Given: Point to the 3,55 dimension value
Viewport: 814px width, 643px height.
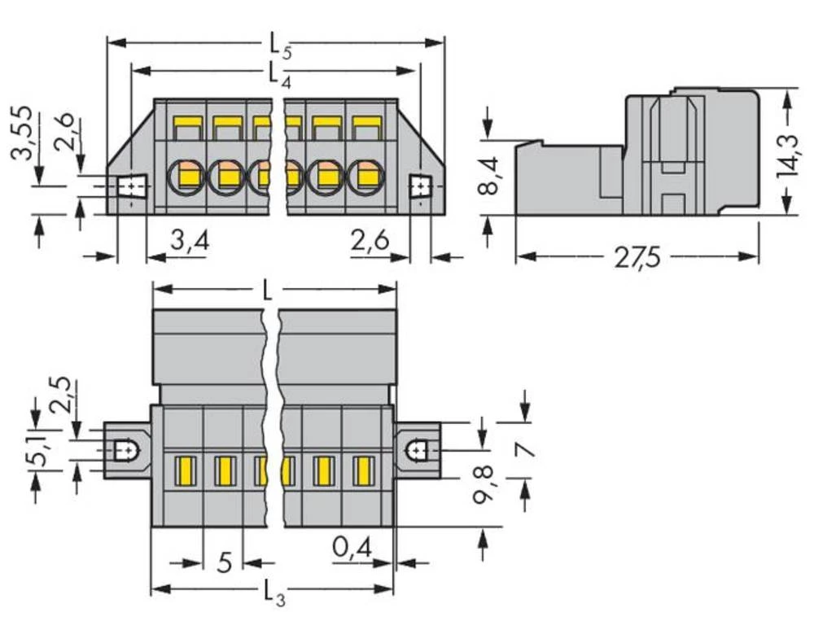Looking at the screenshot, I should pyautogui.click(x=24, y=133).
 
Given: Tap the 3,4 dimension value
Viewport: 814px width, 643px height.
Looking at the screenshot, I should pyautogui.click(x=190, y=242).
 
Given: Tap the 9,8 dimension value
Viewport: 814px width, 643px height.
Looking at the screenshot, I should pyautogui.click(x=485, y=485).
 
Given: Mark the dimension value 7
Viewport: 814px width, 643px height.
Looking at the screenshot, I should pyautogui.click(x=526, y=450).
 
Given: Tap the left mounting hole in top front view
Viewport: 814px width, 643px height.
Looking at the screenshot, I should pyautogui.click(x=130, y=187).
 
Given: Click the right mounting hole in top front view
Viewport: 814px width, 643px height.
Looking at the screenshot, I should pyautogui.click(x=419, y=187).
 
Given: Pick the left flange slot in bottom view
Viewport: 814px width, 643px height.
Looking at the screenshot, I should pyautogui.click(x=126, y=449).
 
